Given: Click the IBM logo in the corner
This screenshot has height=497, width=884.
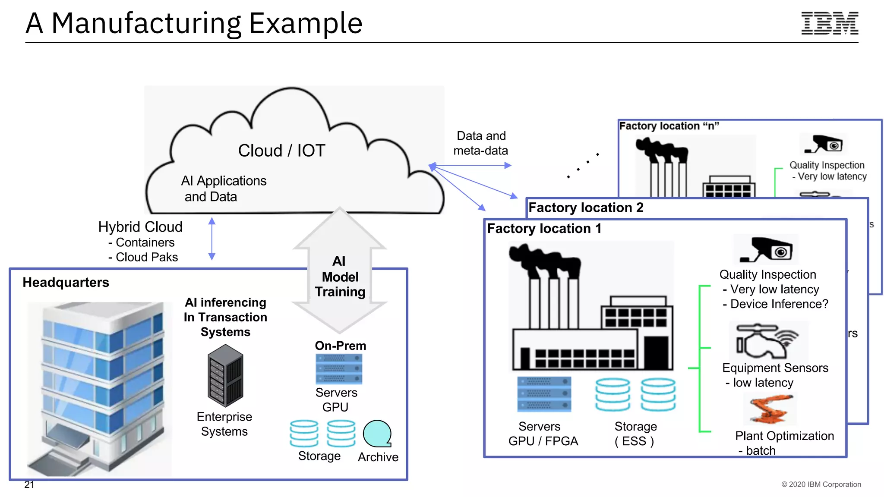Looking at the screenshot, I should coord(830,23).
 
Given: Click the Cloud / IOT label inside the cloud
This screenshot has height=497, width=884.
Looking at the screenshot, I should coord(281,151).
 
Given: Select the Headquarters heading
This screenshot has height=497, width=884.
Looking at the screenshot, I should coord(66,282).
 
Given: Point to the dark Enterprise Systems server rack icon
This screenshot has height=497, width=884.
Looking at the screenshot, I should coord(225,376).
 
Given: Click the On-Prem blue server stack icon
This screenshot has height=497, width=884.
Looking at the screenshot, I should coord(339,369).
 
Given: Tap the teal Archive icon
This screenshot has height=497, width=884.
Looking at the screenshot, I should coord(377,434).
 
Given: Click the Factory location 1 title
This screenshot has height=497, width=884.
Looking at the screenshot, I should coord(544,228).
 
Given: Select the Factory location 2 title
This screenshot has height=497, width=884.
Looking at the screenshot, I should coord(586,208).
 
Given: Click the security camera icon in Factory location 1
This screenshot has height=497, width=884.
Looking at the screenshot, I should coord(767,250).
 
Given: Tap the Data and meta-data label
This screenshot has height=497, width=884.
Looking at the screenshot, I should coord(481,143).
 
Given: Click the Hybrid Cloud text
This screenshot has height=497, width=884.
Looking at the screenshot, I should coord(140,227).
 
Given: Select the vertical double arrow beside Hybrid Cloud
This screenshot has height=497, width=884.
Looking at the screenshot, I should coord(212,239).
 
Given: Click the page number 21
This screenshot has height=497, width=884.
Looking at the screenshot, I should coord(29,484).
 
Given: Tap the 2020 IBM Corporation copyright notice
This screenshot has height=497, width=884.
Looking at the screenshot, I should coord(821,484).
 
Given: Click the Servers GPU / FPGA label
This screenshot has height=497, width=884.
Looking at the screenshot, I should coord(543,434).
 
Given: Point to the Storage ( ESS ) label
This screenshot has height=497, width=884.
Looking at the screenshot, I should coord(635,434).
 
